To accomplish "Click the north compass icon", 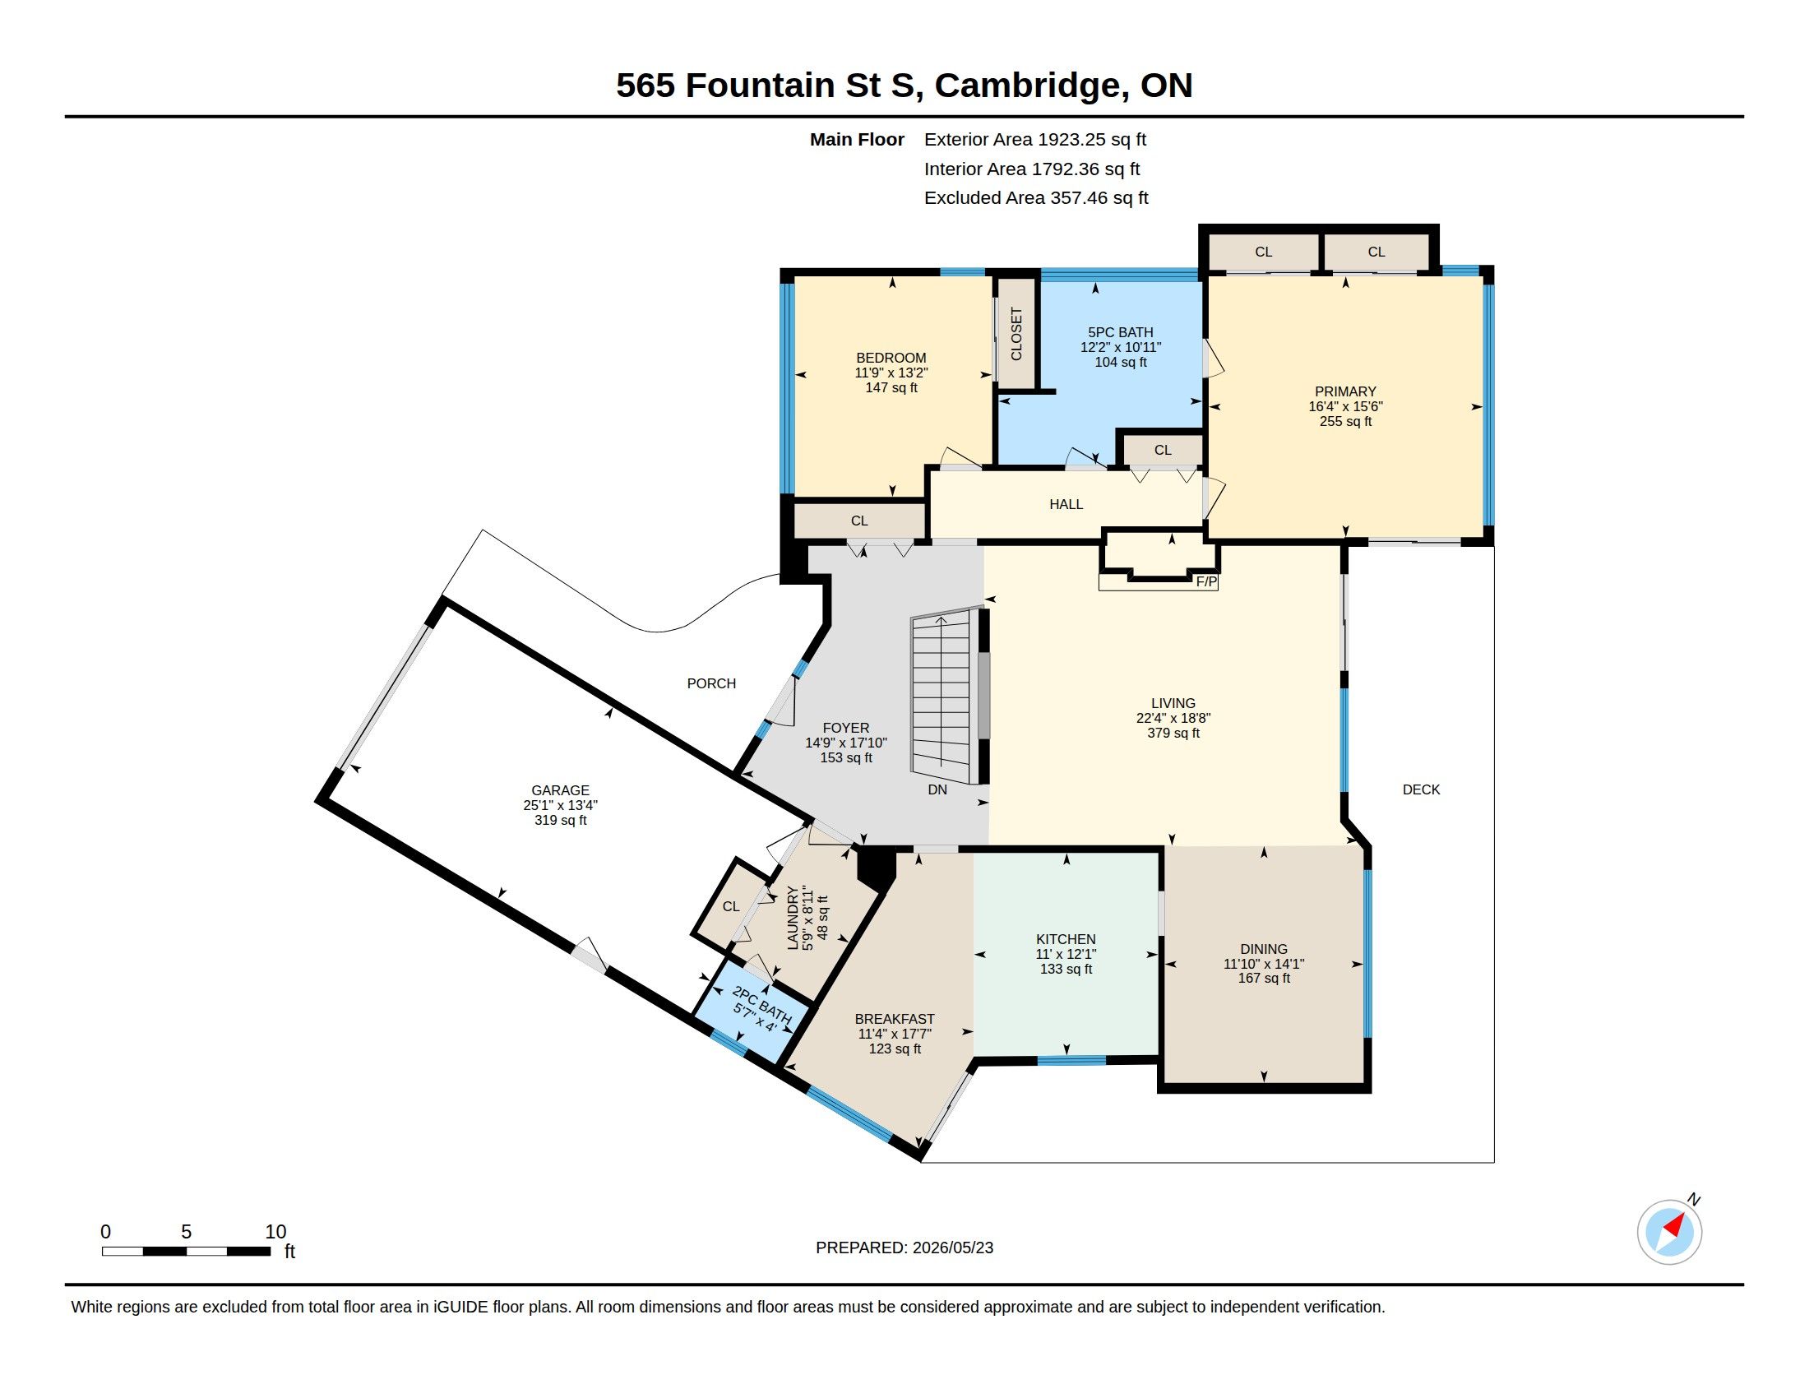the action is [x=1669, y=1232].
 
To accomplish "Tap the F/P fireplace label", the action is [x=1206, y=582].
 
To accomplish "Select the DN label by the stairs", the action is [x=937, y=790].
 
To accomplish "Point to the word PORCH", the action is [x=710, y=683].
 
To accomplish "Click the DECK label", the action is [x=1421, y=790].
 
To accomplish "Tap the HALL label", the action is [x=1065, y=504].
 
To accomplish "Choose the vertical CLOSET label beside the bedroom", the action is [x=1016, y=334].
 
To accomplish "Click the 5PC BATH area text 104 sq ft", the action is [x=1121, y=362].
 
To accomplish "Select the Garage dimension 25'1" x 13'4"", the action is [x=560, y=805].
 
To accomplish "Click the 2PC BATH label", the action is [x=762, y=1005].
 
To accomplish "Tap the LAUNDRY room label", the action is [x=793, y=918].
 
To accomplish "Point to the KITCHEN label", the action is [x=1065, y=939].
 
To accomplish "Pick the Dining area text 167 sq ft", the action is [x=1263, y=978].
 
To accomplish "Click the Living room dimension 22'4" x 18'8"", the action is [x=1173, y=718].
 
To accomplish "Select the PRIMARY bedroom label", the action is [x=1345, y=391].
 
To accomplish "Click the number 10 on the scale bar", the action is [x=275, y=1232].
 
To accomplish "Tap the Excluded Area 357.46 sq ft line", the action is [x=1036, y=198].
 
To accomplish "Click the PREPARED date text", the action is [x=904, y=1248].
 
